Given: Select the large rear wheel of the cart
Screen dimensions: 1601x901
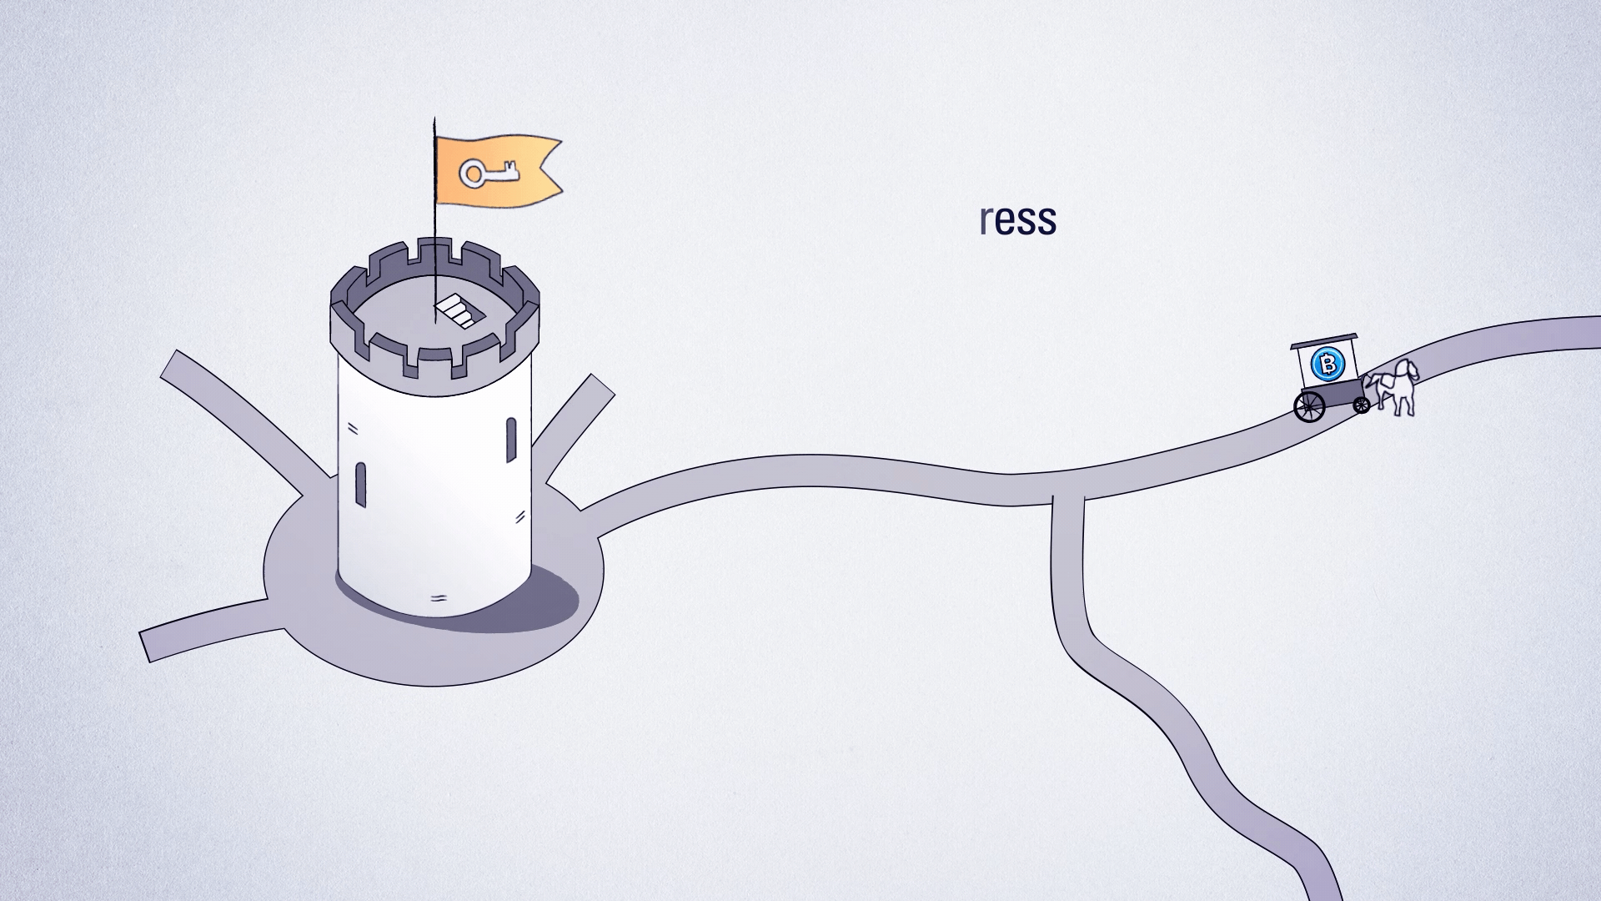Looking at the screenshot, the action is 1308,405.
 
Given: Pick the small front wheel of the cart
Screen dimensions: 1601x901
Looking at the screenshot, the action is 1361,405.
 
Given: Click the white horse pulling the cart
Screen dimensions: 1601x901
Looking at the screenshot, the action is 1395,387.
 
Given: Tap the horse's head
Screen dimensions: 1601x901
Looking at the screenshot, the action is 1409,370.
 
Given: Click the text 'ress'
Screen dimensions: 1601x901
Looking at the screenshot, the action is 1017,219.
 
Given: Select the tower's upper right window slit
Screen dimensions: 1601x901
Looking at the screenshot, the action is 511,439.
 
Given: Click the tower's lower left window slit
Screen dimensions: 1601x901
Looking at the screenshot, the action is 361,484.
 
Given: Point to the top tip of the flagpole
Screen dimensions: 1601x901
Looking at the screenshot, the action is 434,118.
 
